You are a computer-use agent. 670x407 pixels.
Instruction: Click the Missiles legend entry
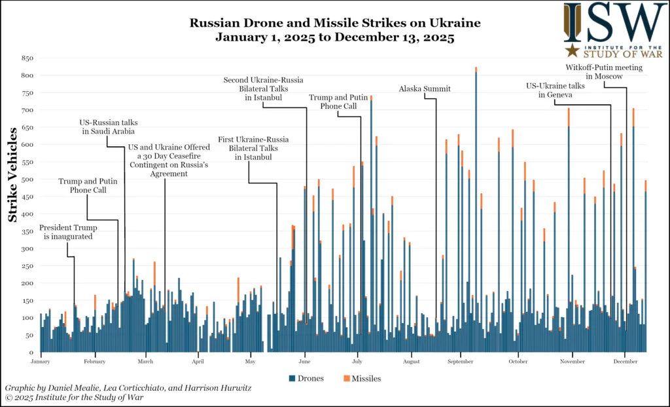[x=361, y=378]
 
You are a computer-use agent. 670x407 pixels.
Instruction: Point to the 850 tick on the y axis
[x=27, y=58]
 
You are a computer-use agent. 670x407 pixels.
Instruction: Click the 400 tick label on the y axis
[x=27, y=214]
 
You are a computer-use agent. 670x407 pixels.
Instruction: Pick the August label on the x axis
[x=412, y=361]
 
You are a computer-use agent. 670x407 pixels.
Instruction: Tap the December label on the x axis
[x=625, y=361]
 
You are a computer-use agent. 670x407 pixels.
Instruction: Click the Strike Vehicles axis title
[x=12, y=175]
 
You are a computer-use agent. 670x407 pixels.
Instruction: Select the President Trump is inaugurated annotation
[x=68, y=232]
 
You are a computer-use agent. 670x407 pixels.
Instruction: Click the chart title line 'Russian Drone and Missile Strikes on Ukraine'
[x=334, y=23]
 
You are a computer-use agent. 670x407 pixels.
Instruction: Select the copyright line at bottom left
[x=73, y=397]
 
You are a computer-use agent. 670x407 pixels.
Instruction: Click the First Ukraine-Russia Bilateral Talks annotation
[x=253, y=149]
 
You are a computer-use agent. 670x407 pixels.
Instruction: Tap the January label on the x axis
[x=40, y=361]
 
